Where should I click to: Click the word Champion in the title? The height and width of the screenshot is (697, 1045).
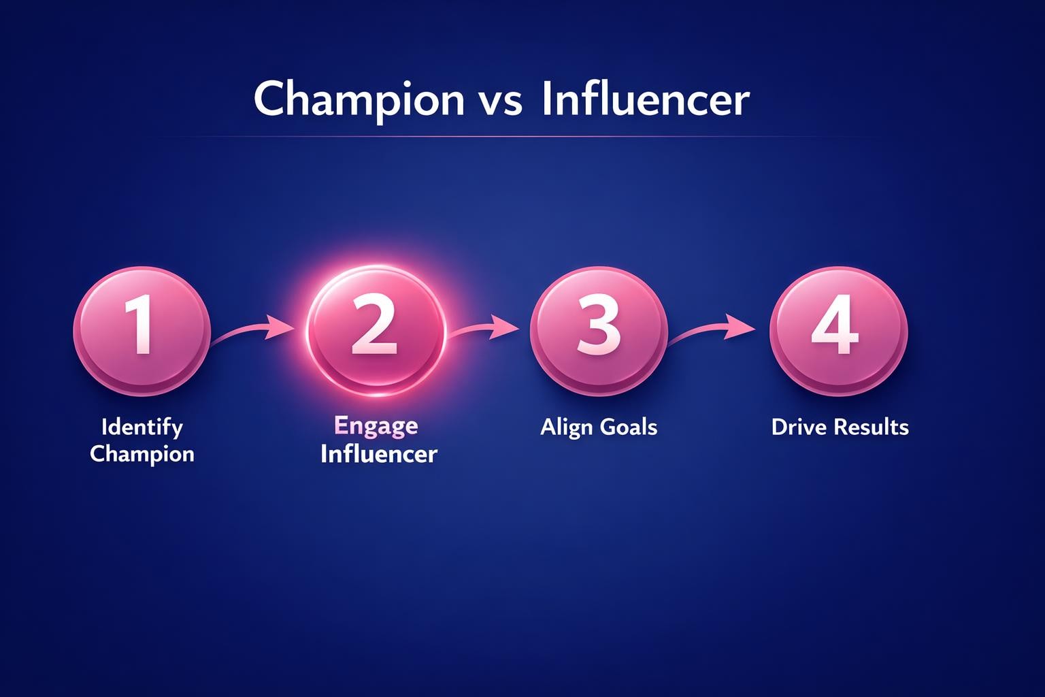359,99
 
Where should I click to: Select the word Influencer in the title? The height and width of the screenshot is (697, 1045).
646,99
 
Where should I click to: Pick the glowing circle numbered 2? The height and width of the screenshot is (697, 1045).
376,330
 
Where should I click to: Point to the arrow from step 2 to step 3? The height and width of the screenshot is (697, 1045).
484,327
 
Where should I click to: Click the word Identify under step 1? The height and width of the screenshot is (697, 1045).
142,427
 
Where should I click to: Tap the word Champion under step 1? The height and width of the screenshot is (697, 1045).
142,454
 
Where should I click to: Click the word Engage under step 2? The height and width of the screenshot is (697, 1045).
376,426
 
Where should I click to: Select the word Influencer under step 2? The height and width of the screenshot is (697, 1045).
378,453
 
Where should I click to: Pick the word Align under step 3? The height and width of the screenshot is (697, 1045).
567,427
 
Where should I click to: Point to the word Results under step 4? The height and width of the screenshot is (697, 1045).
871,427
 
